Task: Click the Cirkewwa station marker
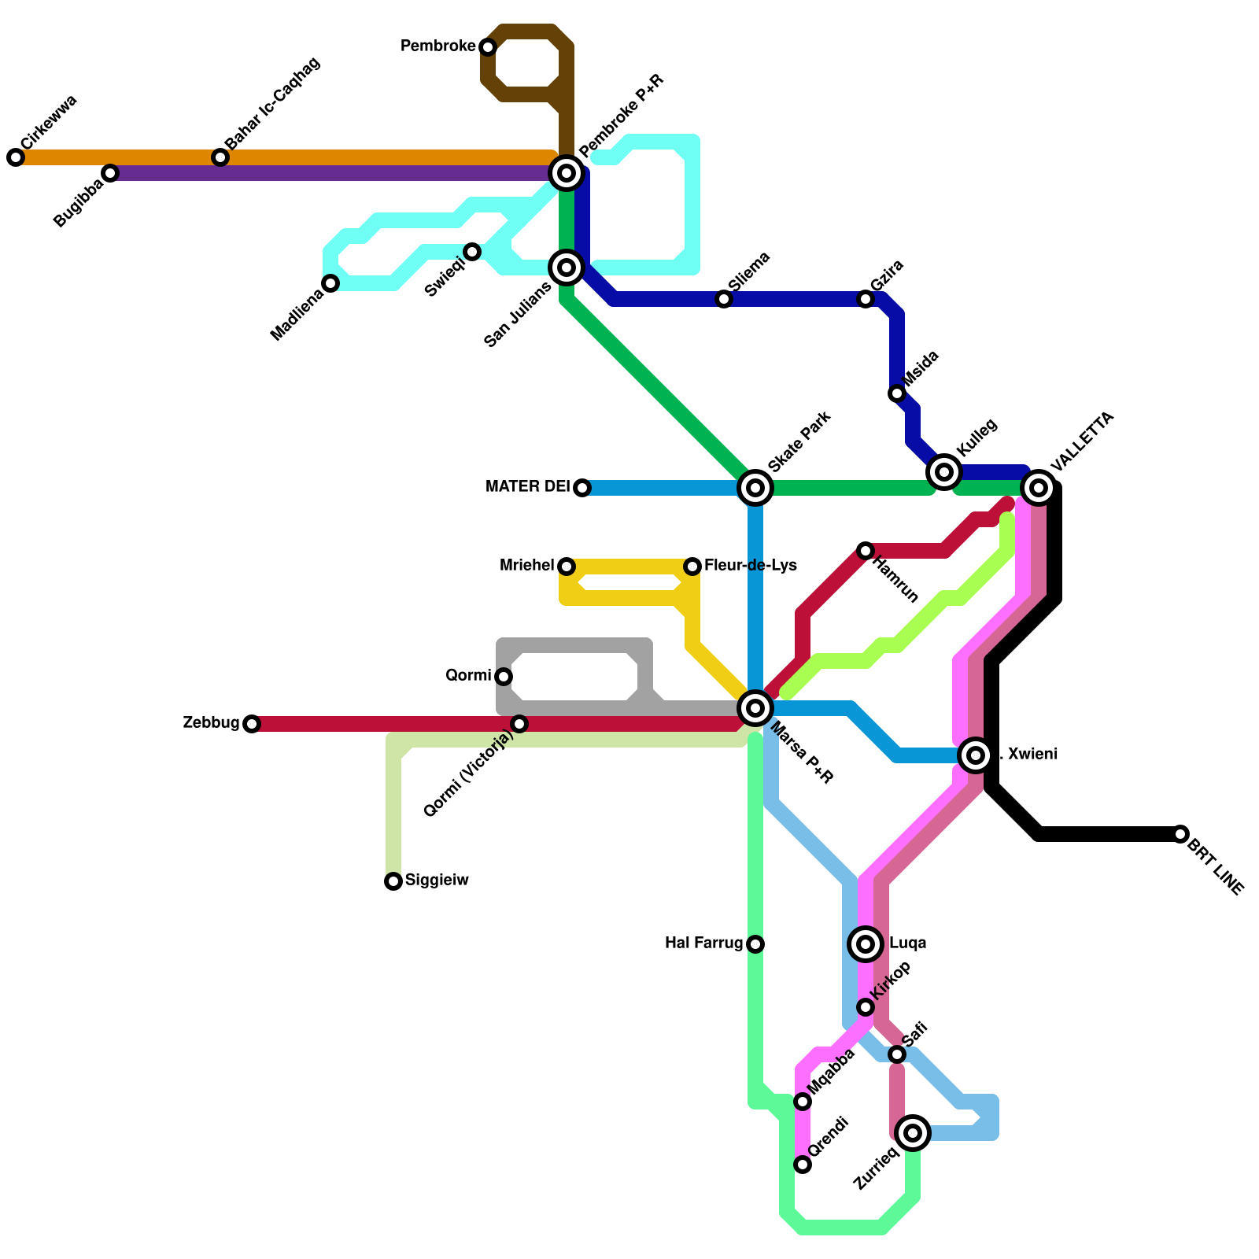(16, 157)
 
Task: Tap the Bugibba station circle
(110, 173)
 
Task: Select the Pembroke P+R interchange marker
(567, 173)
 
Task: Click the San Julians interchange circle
(567, 268)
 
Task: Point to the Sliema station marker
(724, 299)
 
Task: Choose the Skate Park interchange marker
(755, 488)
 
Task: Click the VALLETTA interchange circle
(1039, 488)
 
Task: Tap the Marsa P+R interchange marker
(755, 708)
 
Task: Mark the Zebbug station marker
(252, 724)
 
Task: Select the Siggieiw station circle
(393, 881)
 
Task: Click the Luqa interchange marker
(866, 944)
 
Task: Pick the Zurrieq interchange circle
(913, 1133)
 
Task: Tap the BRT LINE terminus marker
(1180, 834)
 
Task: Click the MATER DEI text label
(527, 487)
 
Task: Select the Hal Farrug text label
(703, 943)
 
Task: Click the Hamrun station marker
(866, 551)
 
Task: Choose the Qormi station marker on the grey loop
(504, 677)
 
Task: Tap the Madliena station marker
(330, 283)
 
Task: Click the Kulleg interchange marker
(944, 472)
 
